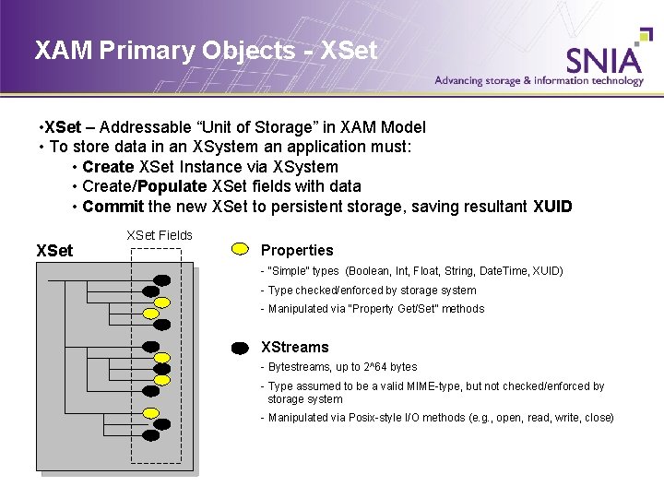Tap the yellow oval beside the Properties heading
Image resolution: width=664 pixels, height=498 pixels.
coord(240,249)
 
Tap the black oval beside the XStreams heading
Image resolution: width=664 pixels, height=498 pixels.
coord(240,348)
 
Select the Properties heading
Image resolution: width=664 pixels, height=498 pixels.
coord(297,250)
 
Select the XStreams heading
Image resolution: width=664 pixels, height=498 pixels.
coord(294,348)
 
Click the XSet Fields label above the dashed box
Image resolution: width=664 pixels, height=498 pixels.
coord(160,235)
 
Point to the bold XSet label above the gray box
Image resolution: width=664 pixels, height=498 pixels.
coord(54,250)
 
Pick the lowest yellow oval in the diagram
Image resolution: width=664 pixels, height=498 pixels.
coord(152,413)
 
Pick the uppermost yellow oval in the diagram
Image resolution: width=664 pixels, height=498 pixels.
coord(161,302)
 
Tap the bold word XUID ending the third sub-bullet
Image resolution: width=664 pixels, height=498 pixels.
coord(551,206)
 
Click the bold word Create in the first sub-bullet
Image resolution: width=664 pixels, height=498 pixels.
coord(108,167)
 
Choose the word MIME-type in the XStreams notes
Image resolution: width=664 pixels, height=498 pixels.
coord(444,386)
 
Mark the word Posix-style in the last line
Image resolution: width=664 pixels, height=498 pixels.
coord(372,418)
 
